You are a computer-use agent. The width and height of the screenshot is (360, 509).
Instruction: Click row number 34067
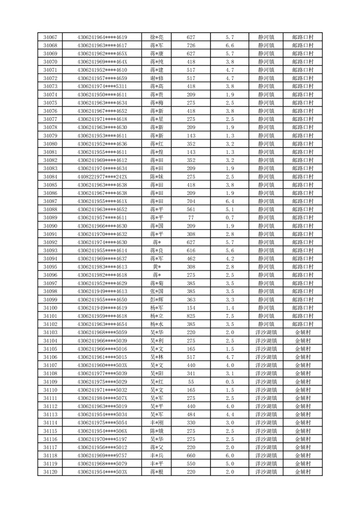[50, 37]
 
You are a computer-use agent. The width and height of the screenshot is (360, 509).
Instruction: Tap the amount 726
[191, 45]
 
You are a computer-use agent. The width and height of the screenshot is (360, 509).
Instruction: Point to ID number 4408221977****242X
[102, 176]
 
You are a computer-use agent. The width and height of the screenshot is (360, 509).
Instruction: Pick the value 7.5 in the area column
[229, 316]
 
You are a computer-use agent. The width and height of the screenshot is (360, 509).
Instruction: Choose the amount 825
[191, 316]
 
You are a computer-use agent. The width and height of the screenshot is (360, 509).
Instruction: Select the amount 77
[191, 218]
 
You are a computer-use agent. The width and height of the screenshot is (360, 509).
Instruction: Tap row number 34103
[50, 333]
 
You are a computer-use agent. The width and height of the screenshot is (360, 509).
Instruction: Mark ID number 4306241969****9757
[102, 455]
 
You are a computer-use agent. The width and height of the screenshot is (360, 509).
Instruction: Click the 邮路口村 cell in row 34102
[303, 324]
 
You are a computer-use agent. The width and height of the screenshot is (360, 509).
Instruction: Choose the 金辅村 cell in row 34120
[303, 472]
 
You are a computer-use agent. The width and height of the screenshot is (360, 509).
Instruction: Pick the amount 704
[191, 201]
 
